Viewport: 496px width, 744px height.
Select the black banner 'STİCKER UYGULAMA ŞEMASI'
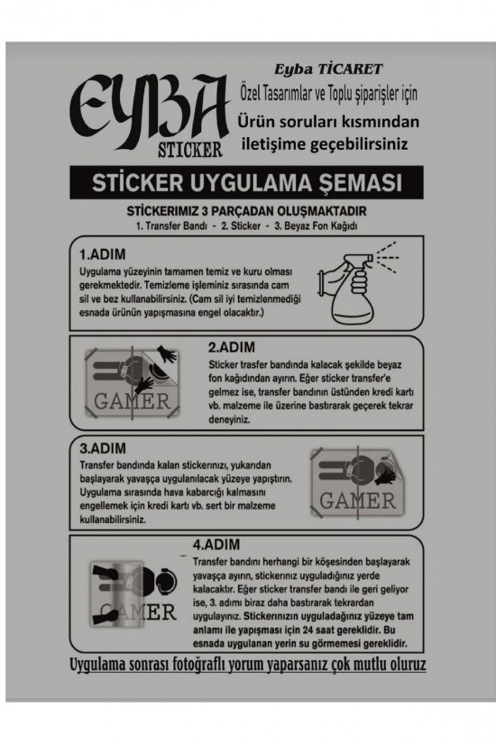tap(247, 185)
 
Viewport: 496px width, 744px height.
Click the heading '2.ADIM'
tap(231, 346)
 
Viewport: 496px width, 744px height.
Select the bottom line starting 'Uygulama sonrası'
tap(247, 666)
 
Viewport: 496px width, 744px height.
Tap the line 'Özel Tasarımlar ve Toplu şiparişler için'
tap(328, 94)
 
